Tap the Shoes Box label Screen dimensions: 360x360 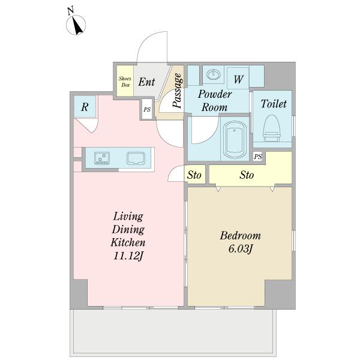[x=125, y=82]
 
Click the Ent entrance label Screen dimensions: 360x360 [x=146, y=82]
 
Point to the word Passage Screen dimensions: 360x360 [x=178, y=90]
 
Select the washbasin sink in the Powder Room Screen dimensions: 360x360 [x=213, y=74]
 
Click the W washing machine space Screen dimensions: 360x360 [x=238, y=78]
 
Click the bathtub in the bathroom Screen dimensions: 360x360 [x=235, y=140]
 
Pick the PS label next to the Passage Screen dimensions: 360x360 [x=147, y=109]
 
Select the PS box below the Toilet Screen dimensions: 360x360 [x=258, y=157]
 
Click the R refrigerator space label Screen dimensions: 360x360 [x=85, y=107]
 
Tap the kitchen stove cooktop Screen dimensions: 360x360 [x=102, y=158]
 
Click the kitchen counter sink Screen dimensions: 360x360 [x=136, y=158]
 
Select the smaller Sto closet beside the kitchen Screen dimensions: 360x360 [x=194, y=175]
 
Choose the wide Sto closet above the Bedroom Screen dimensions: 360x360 [x=247, y=175]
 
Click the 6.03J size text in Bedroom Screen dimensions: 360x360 [x=241, y=248]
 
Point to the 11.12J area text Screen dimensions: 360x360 [x=128, y=256]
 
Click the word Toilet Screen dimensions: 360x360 [x=274, y=104]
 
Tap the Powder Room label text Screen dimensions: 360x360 [x=215, y=101]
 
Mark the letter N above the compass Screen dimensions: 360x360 [x=71, y=11]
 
